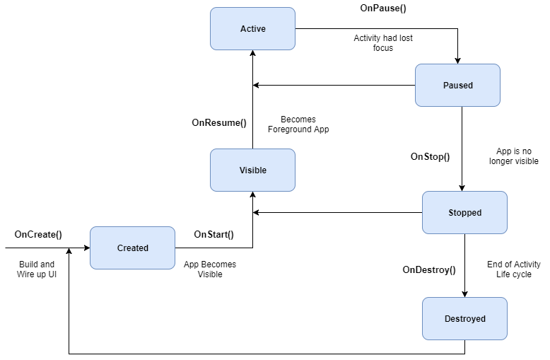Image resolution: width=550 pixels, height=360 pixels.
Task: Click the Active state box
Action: coord(252,29)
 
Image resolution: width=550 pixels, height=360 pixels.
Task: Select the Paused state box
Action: coord(457,86)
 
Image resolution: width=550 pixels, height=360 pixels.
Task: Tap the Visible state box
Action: coord(252,170)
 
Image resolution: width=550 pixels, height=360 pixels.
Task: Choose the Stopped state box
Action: coord(464,213)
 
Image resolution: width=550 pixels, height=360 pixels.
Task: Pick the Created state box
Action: coord(132,248)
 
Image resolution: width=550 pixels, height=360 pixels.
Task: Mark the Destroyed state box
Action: coord(464,319)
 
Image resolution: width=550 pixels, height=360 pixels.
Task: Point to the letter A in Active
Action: coord(243,29)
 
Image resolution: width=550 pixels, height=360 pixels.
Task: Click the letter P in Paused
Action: coord(445,86)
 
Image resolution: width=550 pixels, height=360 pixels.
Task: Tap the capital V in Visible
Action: coord(242,170)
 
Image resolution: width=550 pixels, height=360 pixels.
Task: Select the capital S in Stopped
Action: coord(451,213)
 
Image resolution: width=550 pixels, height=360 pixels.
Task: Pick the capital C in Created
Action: coord(120,248)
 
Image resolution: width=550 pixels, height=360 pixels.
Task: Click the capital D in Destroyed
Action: coord(447,319)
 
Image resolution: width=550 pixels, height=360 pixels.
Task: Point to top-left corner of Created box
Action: coord(91,228)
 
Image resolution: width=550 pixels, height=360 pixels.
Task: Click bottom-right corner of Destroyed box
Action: coord(506,339)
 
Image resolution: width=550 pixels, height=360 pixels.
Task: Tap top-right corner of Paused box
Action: coord(499,65)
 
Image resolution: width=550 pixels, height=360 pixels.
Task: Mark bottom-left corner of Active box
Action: coord(211,49)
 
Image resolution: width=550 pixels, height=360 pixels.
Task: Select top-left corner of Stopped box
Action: coord(423,192)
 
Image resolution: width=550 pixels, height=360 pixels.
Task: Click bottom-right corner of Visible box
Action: coord(294,190)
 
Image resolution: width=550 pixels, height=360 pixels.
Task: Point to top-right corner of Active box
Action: coord(294,8)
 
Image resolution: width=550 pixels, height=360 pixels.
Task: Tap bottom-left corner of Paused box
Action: coord(416,105)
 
